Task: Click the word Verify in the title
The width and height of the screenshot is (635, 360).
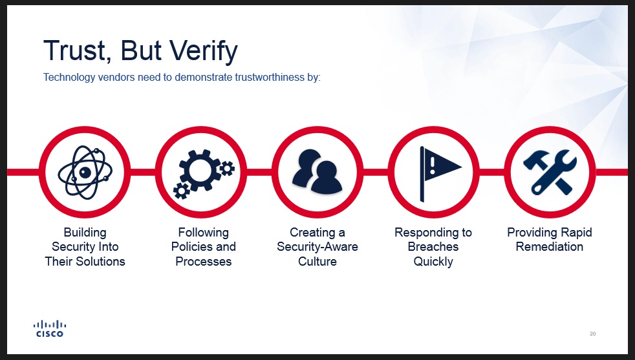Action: point(203,52)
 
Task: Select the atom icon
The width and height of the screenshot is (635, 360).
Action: point(85,173)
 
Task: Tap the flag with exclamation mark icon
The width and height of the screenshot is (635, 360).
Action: point(440,173)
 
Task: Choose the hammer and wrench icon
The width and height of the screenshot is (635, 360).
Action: point(550,172)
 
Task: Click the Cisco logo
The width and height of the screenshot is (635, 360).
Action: point(50,328)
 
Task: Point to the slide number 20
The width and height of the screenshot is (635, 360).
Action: point(592,334)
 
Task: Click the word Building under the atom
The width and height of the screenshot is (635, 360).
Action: point(85,233)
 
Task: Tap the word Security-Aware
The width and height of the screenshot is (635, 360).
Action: point(317,247)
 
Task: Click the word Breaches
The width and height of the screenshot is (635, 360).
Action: point(433,247)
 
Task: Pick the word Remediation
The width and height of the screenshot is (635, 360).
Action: point(550,247)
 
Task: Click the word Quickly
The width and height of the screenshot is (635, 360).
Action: point(433,262)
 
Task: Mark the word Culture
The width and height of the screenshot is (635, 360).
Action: point(317,261)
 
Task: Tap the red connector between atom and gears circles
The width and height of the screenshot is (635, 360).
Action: point(143,172)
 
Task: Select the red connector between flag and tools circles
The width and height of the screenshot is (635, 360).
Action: point(491,172)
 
